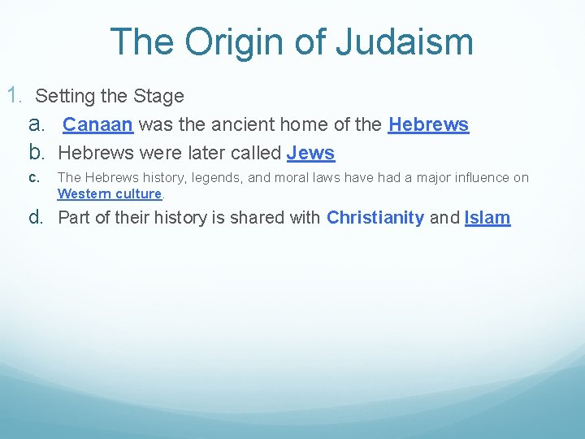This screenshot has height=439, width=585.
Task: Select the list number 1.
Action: click(x=15, y=95)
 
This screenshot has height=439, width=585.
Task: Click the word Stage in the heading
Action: click(x=161, y=96)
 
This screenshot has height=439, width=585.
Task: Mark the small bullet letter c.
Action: click(x=33, y=177)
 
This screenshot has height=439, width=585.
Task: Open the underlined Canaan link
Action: click(x=98, y=125)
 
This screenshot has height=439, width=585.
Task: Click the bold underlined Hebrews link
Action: click(x=428, y=125)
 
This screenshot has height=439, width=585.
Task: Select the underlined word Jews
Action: click(x=310, y=153)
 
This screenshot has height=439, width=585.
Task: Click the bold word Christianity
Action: click(x=375, y=217)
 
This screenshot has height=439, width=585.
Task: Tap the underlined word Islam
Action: click(x=487, y=217)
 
